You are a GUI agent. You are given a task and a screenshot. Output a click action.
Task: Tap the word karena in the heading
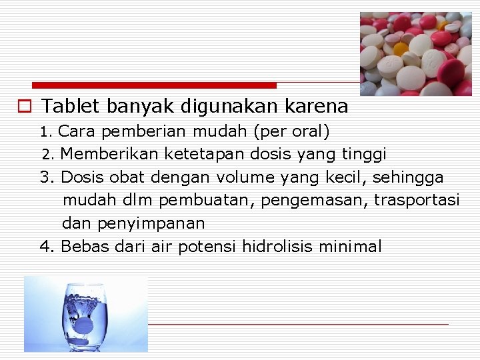point(316,106)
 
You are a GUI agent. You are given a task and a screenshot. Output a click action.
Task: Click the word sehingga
point(408,177)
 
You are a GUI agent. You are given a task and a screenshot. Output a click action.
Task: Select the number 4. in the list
point(47,247)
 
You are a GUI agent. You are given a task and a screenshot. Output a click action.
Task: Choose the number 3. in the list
point(47,177)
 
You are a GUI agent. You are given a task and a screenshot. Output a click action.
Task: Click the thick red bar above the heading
point(154,85)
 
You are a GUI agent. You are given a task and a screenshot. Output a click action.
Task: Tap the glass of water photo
point(86,314)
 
